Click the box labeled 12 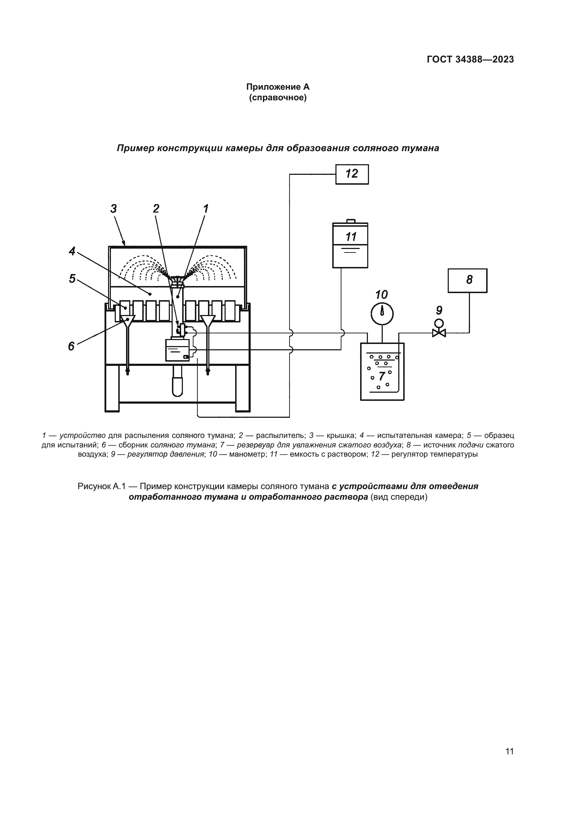point(352,174)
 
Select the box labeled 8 point(467,281)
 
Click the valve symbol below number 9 point(439,333)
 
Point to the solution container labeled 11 point(350,246)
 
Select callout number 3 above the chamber point(114,209)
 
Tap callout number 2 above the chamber point(156,209)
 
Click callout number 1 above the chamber point(206,209)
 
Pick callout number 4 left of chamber point(72,251)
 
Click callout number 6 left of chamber point(71,346)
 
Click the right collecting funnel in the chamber point(208,321)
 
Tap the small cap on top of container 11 point(350,221)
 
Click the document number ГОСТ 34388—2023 point(470,60)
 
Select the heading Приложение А point(278,87)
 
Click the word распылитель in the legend point(280,436)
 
